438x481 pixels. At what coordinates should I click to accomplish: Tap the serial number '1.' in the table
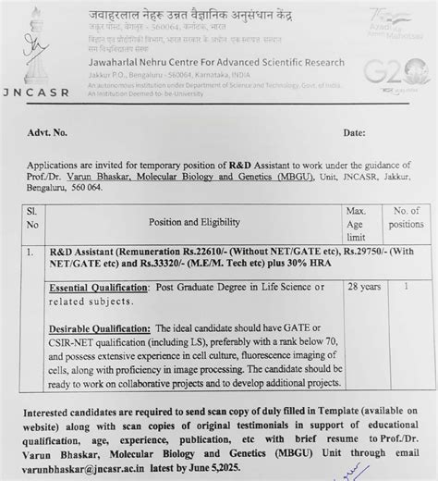coord(31,252)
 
